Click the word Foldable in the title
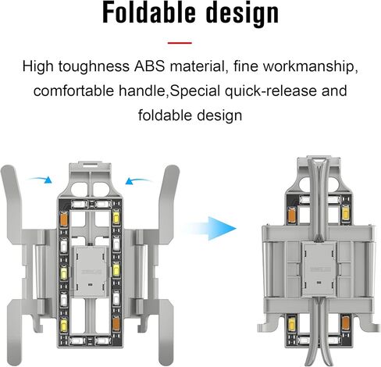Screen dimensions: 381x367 tap(149, 12)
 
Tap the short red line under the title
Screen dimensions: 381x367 tap(180, 43)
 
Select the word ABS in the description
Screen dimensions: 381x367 tap(150, 66)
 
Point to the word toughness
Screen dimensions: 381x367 tap(94, 66)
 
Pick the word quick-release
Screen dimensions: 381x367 tap(271, 91)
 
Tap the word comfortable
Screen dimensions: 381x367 tap(73, 91)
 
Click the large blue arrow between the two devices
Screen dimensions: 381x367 tap(212, 228)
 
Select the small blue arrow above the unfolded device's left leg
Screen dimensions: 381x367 tap(41, 180)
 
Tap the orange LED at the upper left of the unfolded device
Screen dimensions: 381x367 tap(64, 219)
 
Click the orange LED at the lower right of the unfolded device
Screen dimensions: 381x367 tap(116, 324)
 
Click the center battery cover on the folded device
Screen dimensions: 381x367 tap(320, 269)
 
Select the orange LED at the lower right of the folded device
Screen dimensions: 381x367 tap(345, 322)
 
